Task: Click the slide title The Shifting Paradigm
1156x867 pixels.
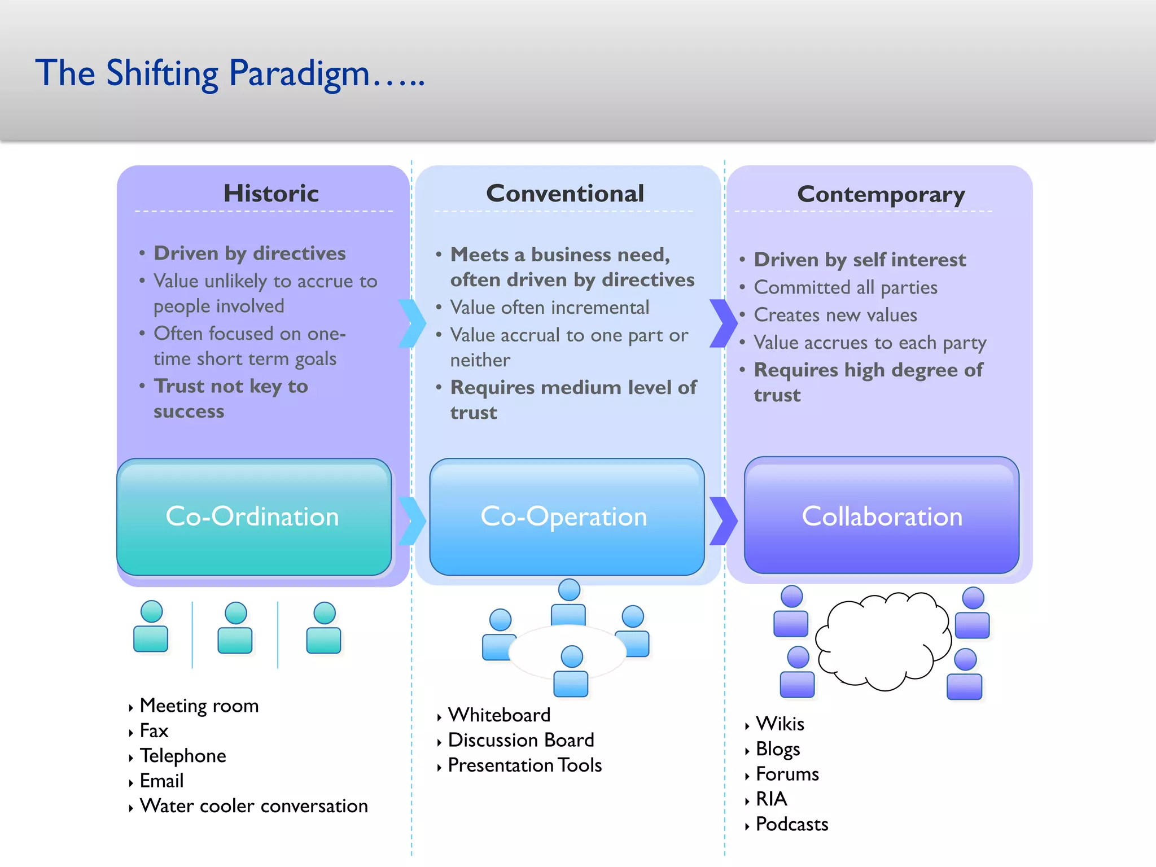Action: [230, 73]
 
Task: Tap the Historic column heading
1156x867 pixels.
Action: [271, 194]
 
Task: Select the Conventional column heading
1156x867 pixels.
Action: [565, 194]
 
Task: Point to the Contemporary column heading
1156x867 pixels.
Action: [881, 195]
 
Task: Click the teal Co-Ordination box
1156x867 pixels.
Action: [253, 517]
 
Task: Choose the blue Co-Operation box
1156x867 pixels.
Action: [566, 517]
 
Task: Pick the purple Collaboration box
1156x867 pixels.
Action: [881, 516]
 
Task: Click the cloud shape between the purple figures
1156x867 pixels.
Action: [882, 641]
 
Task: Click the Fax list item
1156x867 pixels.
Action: [154, 731]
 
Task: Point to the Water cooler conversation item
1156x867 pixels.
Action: [253, 806]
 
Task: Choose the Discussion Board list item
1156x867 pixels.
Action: [520, 740]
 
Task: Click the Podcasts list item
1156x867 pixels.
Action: [791, 825]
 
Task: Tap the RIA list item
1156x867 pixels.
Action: [771, 799]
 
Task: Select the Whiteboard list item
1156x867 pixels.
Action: [499, 715]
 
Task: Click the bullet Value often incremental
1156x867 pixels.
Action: [549, 308]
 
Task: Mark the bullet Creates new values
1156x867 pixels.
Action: [835, 315]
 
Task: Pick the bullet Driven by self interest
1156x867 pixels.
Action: [860, 260]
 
